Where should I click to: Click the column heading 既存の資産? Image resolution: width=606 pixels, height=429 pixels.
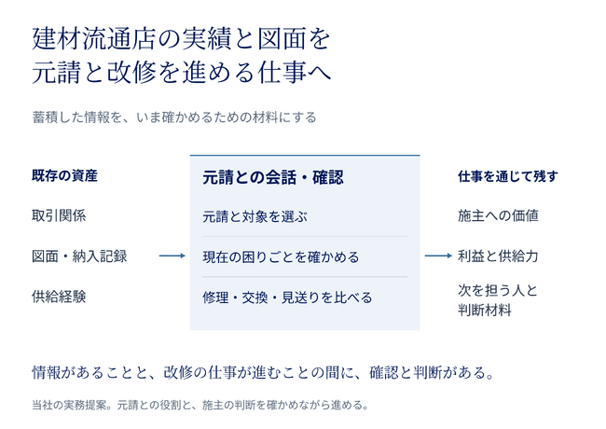pos(64,176)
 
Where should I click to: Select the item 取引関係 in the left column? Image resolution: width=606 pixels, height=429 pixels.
pos(59,215)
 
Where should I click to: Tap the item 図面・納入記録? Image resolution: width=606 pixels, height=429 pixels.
pos(79,256)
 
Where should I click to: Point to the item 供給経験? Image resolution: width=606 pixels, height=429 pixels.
pos(59,297)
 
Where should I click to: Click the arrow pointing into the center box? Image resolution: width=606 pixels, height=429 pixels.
pos(172,256)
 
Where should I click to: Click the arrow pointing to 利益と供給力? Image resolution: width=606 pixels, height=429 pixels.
pos(438,256)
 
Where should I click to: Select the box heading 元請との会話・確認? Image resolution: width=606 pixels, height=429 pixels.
pos(273,178)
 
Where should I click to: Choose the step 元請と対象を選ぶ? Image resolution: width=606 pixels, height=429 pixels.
pos(255,216)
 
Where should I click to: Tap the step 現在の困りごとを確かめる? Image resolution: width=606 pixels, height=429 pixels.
pos(281,257)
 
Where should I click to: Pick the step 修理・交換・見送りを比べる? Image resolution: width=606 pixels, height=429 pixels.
pos(287,298)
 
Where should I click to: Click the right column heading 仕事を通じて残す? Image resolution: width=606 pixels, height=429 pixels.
pos(508,176)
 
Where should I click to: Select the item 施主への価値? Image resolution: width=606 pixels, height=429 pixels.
pos(498,215)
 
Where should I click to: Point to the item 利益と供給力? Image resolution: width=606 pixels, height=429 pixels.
pos(498,256)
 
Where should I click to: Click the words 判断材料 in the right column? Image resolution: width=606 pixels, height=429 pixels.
pos(485,310)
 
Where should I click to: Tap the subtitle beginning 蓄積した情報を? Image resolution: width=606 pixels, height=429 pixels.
pos(174,118)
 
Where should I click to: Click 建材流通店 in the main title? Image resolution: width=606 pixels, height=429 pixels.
pos(93,39)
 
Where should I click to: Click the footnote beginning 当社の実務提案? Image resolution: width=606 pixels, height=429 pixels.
pos(200,405)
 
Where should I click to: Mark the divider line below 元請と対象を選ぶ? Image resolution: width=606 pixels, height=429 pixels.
pos(305,237)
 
